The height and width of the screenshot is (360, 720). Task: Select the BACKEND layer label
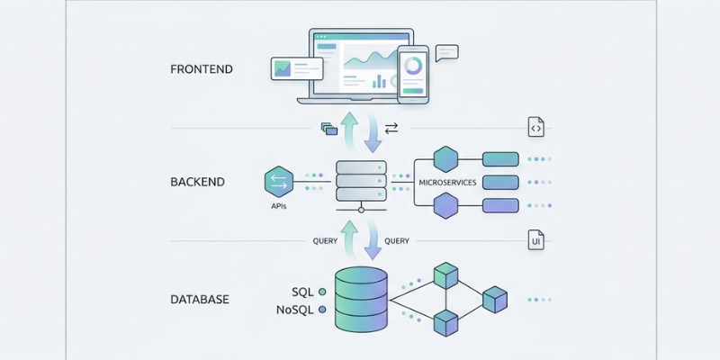(x=197, y=182)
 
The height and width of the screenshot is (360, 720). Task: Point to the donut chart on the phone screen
(x=414, y=66)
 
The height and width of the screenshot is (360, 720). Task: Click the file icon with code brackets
(x=535, y=128)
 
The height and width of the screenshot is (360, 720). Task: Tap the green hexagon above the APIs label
(x=279, y=182)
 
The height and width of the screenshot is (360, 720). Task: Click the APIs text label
(x=279, y=206)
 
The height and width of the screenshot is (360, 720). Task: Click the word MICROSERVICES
(x=446, y=183)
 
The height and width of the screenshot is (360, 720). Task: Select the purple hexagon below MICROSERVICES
(x=446, y=206)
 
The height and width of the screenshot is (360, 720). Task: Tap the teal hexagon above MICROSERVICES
(x=446, y=159)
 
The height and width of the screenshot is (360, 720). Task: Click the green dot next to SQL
(x=323, y=292)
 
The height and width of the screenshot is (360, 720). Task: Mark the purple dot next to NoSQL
(x=323, y=310)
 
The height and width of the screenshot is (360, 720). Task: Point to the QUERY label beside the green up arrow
(x=325, y=240)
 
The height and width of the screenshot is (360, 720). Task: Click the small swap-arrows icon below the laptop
(x=391, y=129)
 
